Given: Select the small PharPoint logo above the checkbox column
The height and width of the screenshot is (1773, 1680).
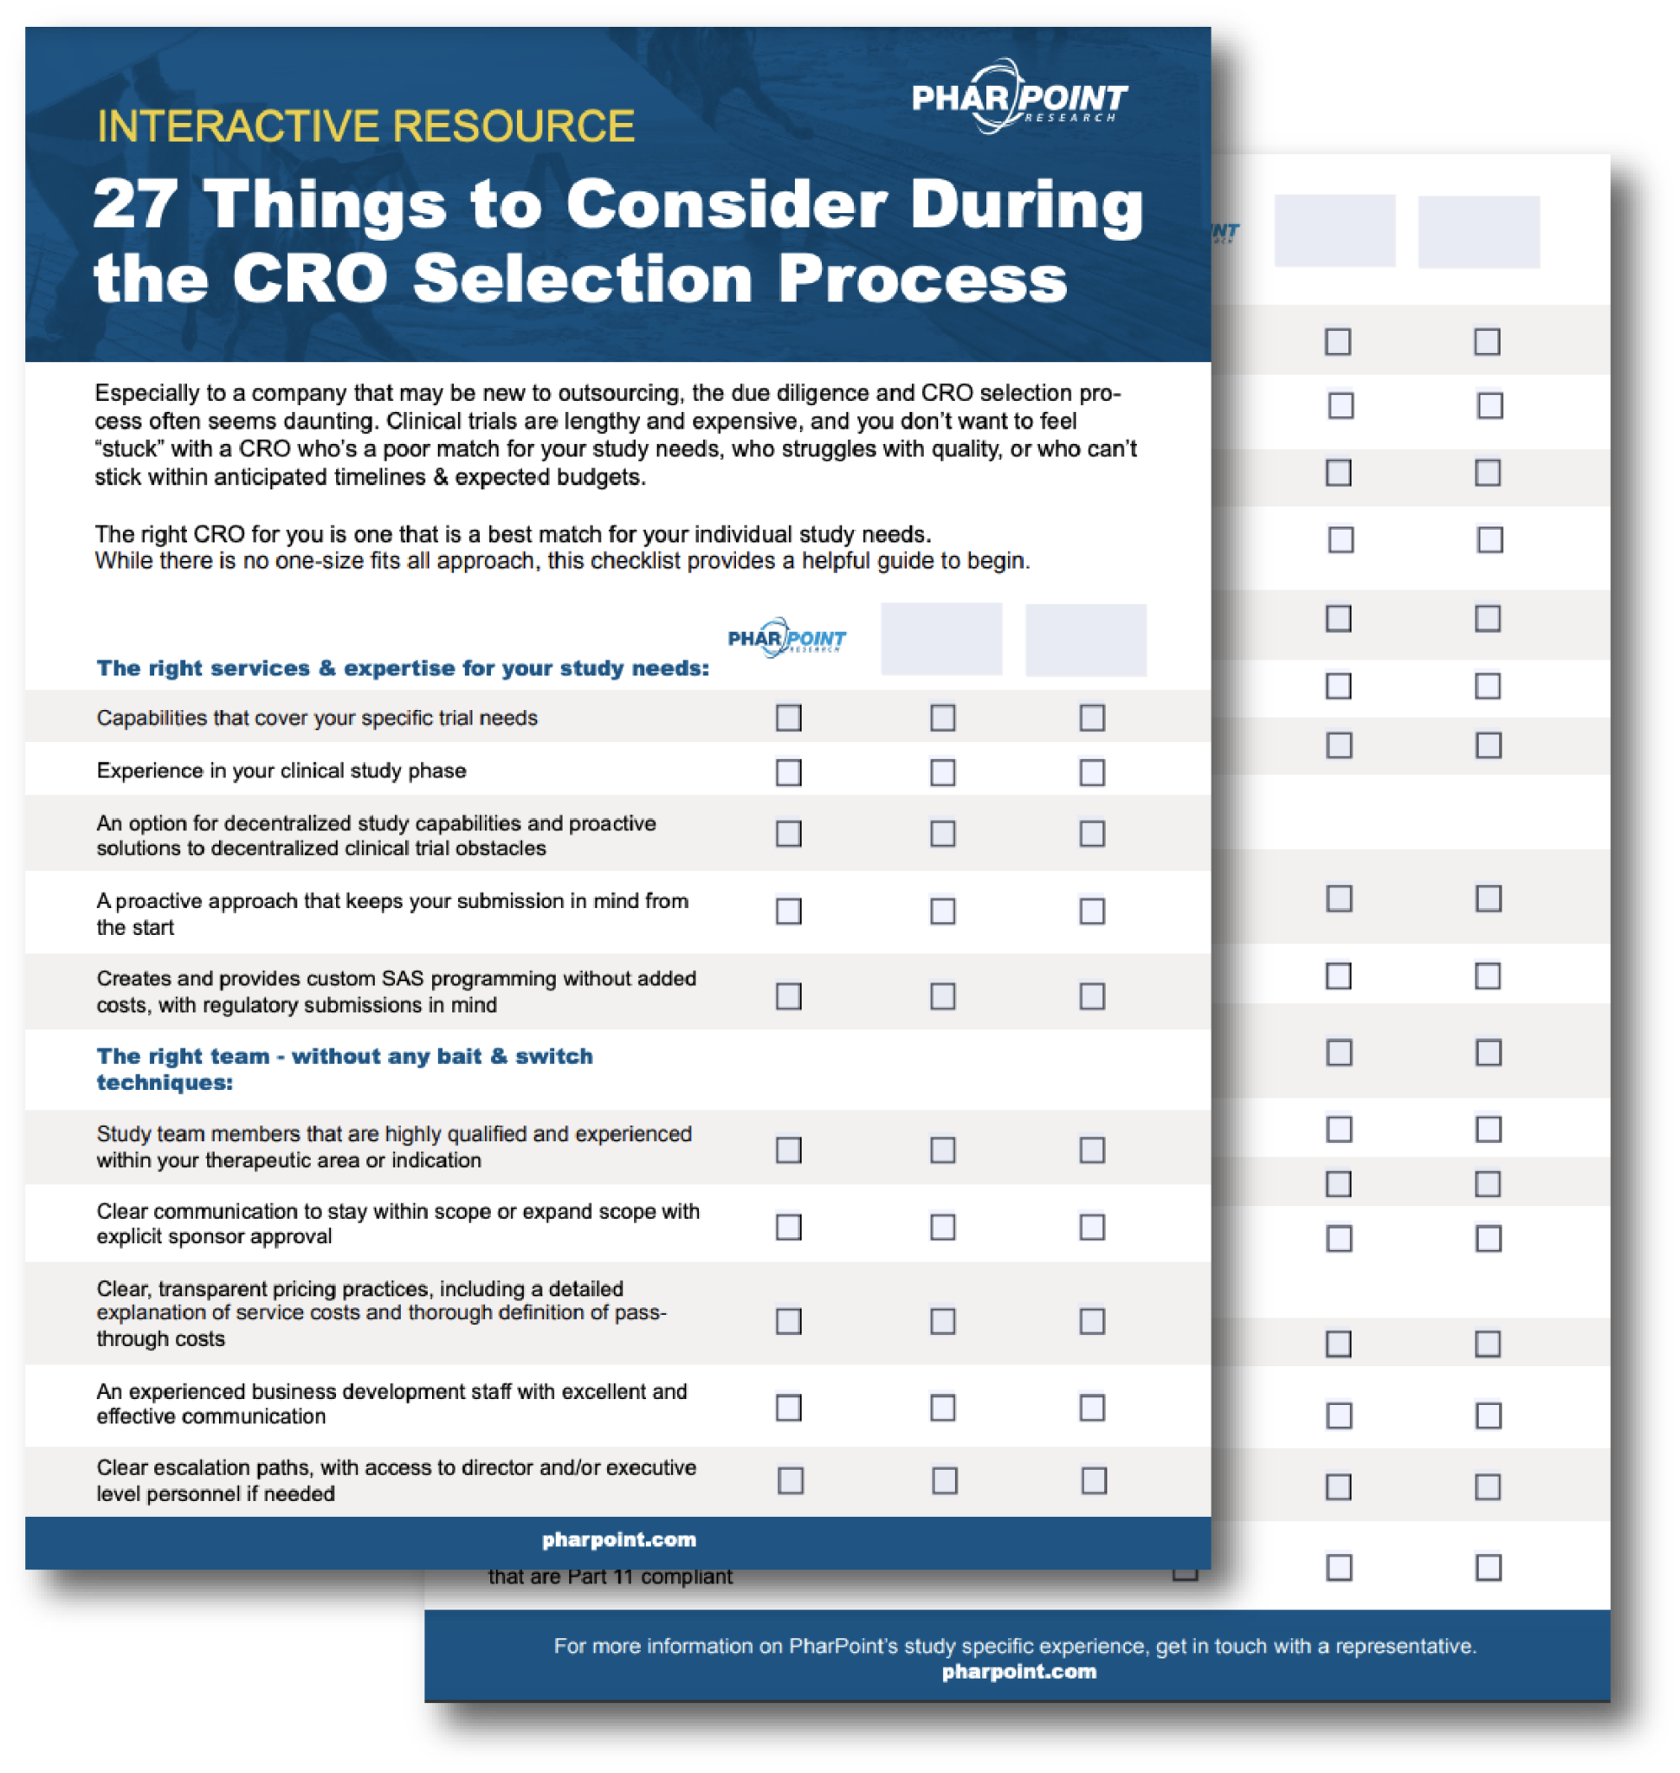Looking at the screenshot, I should (786, 637).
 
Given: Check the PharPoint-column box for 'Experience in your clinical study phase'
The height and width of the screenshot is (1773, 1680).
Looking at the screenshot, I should (788, 772).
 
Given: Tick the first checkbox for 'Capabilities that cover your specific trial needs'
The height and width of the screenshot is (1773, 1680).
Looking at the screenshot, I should (788, 718).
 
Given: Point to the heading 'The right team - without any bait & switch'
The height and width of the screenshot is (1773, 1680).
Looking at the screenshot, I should (344, 1057).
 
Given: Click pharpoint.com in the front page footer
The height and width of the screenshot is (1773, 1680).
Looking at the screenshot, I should (619, 1539).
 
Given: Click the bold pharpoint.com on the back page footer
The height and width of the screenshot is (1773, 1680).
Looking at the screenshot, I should (1019, 1672).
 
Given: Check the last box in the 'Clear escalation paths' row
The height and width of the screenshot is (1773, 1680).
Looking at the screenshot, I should (1094, 1481).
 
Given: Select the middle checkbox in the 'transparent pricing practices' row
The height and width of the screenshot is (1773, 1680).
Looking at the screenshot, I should (942, 1321).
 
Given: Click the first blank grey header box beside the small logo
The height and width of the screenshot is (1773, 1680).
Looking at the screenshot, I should (941, 638).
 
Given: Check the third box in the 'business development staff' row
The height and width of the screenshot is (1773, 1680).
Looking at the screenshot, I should (1092, 1408).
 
